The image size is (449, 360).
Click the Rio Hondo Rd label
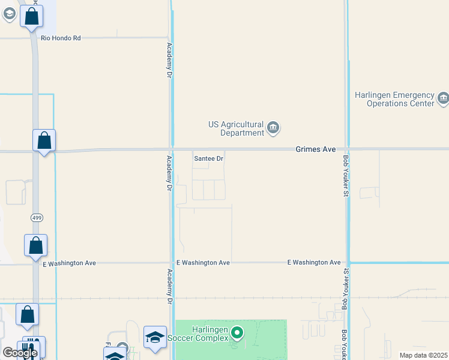(x=61, y=38)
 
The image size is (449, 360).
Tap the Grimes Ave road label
(x=315, y=149)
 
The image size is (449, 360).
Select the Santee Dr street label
(x=209, y=159)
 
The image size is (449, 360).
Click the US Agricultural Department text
(x=236, y=128)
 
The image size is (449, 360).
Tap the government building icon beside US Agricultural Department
(x=273, y=127)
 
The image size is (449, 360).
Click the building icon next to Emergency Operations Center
(x=443, y=98)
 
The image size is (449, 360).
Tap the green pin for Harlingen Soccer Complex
(x=237, y=332)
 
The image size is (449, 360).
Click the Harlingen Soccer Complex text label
(x=210, y=334)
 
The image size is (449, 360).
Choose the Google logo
(x=20, y=353)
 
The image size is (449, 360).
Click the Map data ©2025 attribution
(x=423, y=355)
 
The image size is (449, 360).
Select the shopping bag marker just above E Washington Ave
(x=36, y=245)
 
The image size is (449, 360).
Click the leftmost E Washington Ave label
(x=70, y=263)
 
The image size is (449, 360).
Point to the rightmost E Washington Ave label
(x=314, y=262)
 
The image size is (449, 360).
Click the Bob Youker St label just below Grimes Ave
(x=346, y=175)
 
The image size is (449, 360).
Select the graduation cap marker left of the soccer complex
(x=155, y=337)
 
